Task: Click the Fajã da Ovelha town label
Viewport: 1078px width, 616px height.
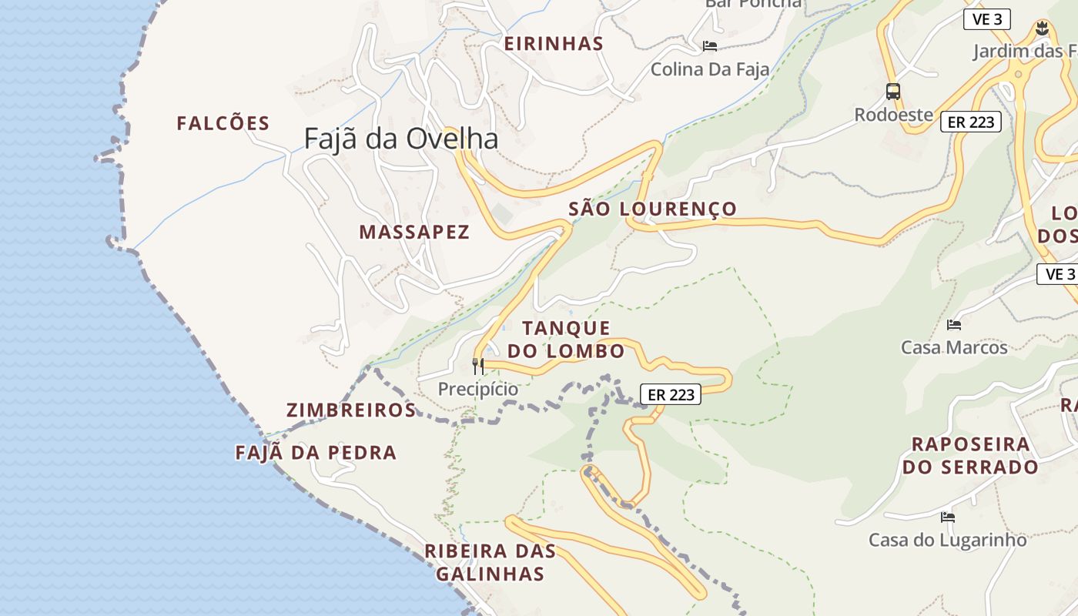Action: click(x=400, y=139)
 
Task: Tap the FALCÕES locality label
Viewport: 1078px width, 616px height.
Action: click(x=223, y=123)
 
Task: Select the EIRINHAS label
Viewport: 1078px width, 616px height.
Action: click(x=554, y=44)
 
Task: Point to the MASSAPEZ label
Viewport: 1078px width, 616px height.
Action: click(x=414, y=232)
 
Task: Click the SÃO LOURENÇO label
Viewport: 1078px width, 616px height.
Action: click(x=652, y=209)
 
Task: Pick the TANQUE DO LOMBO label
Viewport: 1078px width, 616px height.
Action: click(x=566, y=340)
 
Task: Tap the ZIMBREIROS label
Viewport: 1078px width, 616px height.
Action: click(x=351, y=410)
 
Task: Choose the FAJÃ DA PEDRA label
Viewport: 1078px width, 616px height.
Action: click(x=316, y=453)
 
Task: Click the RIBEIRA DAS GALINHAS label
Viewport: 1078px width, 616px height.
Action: click(x=490, y=562)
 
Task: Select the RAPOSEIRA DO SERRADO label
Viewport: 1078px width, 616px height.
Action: click(x=970, y=455)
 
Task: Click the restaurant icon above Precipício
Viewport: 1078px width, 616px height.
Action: click(x=478, y=366)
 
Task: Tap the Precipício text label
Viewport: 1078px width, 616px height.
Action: click(x=478, y=390)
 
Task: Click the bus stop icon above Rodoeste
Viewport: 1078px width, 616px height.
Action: click(x=893, y=92)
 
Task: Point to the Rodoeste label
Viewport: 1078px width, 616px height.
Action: click(x=893, y=115)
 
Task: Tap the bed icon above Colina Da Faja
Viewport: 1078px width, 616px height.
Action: click(x=710, y=46)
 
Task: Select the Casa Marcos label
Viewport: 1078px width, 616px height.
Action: click(x=954, y=347)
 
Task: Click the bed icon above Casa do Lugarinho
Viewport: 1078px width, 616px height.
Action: click(x=947, y=517)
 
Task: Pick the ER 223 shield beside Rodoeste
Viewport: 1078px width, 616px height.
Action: click(x=970, y=122)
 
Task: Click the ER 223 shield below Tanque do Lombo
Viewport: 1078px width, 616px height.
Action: click(x=671, y=395)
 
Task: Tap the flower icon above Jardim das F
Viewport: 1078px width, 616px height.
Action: click(x=1042, y=29)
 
